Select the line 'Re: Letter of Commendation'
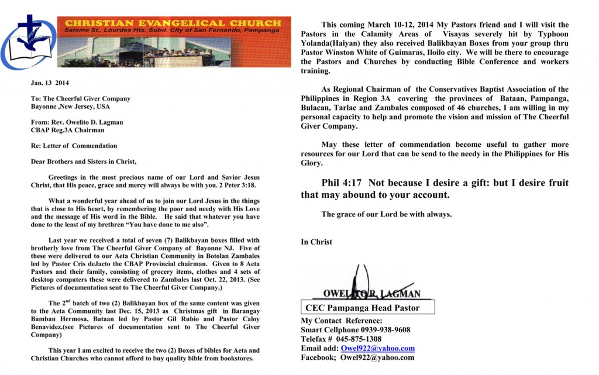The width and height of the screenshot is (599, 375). tap(74, 146)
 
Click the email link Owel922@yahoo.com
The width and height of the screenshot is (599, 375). tap(378, 348)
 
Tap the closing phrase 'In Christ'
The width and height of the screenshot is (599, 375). tap(316, 242)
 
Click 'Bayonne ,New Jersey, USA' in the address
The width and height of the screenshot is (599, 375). tap(71, 106)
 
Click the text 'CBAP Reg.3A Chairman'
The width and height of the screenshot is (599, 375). tap(67, 130)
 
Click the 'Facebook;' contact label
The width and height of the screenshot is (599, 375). tap(319, 357)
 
